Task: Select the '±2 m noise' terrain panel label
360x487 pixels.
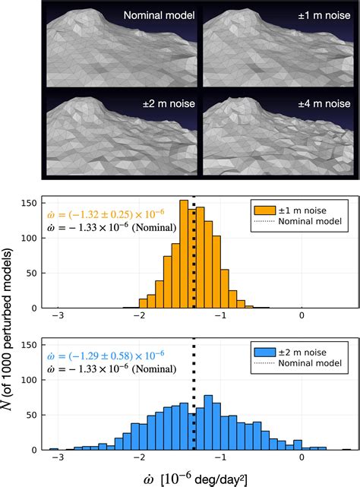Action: (x=164, y=103)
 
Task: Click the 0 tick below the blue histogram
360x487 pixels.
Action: (x=302, y=458)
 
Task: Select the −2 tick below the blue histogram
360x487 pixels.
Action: (x=139, y=458)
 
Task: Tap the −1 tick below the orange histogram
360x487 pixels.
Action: (x=221, y=315)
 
